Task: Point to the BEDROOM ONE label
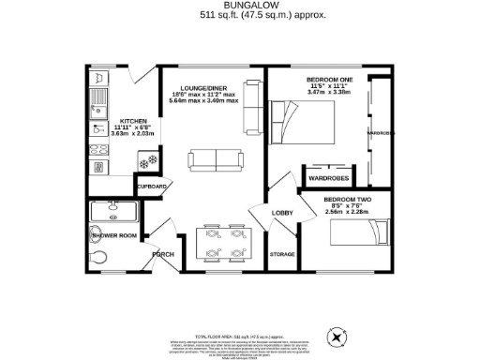click(328, 81)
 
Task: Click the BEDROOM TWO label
click(345, 200)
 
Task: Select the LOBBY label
click(282, 214)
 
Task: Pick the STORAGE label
click(281, 254)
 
